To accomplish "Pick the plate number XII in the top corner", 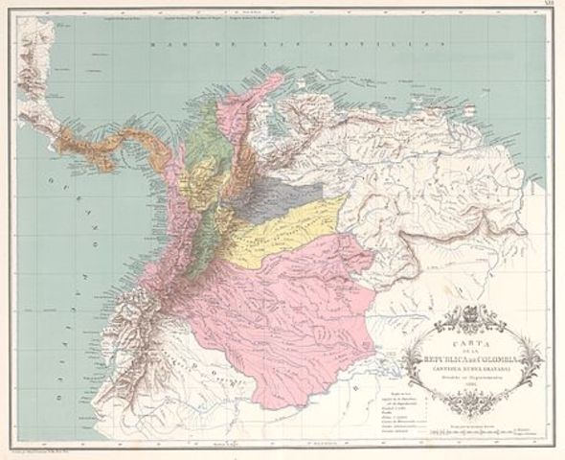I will [x=548, y=6].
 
